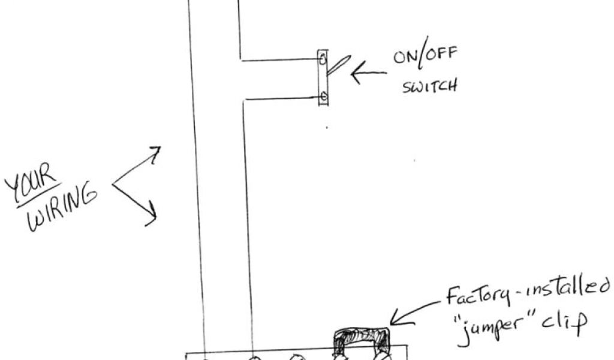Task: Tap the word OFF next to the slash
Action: tap(441, 56)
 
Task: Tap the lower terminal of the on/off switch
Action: tap(323, 96)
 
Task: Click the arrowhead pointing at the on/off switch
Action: tap(354, 75)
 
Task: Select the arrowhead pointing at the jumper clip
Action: tap(395, 318)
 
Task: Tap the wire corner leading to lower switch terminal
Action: tap(243, 100)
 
